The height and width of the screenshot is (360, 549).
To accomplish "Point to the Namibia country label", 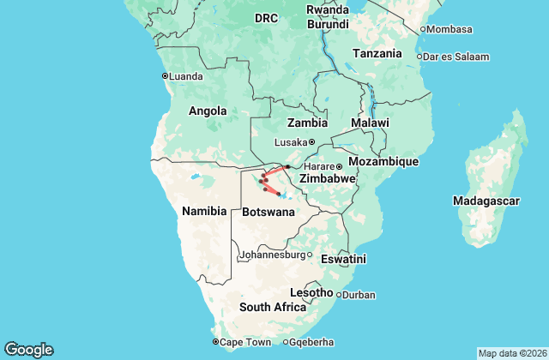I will click(203, 210).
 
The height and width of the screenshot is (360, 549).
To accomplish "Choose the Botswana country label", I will click(268, 211).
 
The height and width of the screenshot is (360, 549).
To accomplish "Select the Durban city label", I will click(359, 295).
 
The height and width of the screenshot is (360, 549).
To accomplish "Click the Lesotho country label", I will click(311, 292).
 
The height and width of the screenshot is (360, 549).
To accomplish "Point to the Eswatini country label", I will click(342, 259).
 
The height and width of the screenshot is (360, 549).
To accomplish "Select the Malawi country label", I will click(370, 123).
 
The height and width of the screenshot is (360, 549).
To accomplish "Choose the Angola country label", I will click(208, 111).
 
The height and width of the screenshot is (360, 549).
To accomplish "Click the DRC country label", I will click(267, 18).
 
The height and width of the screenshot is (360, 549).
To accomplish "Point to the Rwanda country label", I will click(328, 10).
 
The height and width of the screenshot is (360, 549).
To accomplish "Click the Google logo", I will click(28, 349).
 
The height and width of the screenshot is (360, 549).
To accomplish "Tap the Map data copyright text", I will click(511, 353).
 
